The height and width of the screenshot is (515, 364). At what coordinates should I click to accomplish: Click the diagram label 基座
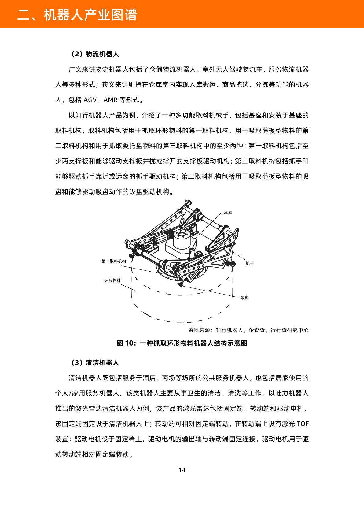click(228, 213)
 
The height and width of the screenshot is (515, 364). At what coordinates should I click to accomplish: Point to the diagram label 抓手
click(250, 263)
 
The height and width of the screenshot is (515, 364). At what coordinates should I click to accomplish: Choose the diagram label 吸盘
click(245, 298)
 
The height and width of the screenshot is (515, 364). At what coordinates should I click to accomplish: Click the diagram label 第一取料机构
click(114, 261)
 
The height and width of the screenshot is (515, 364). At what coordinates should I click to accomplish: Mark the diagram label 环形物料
click(112, 280)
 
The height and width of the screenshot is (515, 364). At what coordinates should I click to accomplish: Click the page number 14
click(182, 470)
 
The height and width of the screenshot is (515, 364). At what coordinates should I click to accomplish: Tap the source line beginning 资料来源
click(248, 330)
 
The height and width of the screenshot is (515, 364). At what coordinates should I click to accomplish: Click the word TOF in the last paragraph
click(303, 424)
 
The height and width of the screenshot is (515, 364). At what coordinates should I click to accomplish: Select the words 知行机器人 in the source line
click(229, 330)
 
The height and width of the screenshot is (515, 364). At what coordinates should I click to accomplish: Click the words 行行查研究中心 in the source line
click(290, 330)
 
